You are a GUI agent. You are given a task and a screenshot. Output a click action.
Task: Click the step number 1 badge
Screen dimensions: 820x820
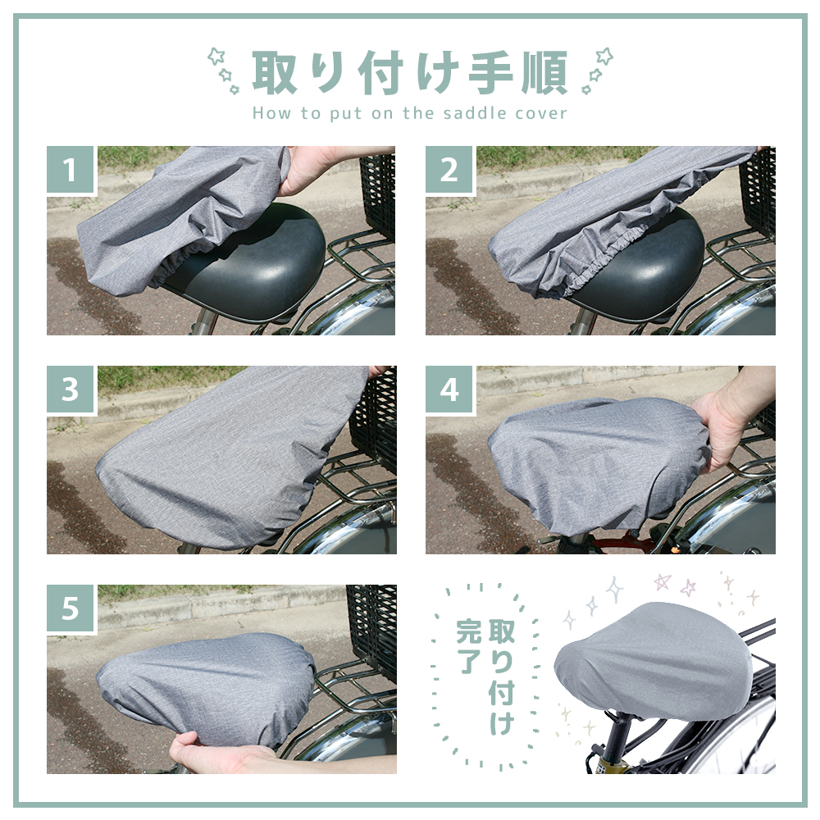pyautogui.click(x=71, y=170)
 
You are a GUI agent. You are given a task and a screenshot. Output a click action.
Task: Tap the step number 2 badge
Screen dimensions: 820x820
pyautogui.click(x=449, y=170)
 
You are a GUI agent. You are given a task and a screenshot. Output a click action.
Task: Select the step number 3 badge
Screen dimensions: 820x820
pyautogui.click(x=71, y=389)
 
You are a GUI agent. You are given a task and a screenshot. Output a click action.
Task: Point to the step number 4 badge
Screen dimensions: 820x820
pyautogui.click(x=449, y=389)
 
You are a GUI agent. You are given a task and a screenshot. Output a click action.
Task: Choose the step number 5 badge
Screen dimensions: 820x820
pyautogui.click(x=71, y=608)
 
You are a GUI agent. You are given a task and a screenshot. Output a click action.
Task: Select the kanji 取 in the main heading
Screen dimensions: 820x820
pyautogui.click(x=275, y=73)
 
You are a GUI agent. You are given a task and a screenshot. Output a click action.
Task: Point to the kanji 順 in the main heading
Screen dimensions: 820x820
pyautogui.click(x=544, y=73)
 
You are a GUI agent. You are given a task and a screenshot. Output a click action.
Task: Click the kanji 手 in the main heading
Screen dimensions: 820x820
pyautogui.click(x=490, y=73)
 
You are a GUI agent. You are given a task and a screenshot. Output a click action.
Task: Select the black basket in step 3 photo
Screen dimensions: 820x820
pyautogui.click(x=373, y=418)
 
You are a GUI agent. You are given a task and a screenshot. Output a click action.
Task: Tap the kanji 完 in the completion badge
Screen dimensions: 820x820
pyautogui.click(x=468, y=631)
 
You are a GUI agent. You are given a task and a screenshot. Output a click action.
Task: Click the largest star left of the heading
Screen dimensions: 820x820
pyautogui.click(x=216, y=56)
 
